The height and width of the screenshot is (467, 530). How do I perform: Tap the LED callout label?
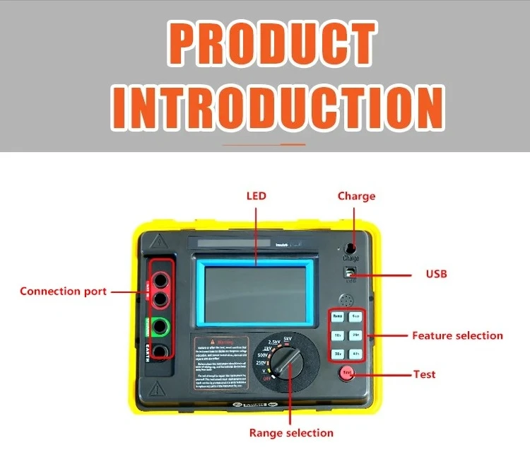(256, 196)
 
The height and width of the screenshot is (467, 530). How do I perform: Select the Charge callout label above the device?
(356, 196)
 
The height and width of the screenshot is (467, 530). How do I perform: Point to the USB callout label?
(436, 274)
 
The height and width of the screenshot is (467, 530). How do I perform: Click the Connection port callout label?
(64, 292)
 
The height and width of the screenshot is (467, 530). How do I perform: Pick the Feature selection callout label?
(457, 335)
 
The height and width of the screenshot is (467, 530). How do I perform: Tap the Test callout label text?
(424, 374)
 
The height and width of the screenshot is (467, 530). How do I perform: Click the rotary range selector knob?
(281, 360)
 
